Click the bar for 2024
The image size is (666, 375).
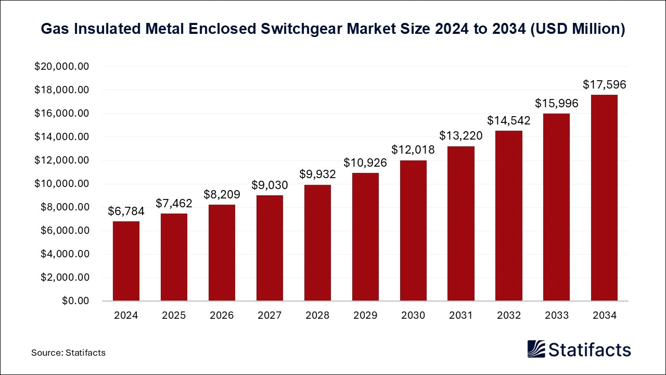coord(126,261)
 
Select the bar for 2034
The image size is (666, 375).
coord(604,198)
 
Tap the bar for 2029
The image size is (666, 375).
coord(365,237)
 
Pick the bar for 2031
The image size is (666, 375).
coord(460,224)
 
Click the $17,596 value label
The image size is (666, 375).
coord(604,84)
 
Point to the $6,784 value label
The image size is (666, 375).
coord(126,211)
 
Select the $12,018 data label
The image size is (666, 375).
coord(413,149)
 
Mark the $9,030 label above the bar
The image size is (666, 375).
coord(270,185)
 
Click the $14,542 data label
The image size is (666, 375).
coord(508,120)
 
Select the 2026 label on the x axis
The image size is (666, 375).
coord(222,315)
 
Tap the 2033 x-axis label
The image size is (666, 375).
coord(556,315)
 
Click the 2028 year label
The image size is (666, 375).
coord(317,315)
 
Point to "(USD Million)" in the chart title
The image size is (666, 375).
coord(577,29)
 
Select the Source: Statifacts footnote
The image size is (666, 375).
coord(68,353)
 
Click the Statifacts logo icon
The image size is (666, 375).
coord(536,349)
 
